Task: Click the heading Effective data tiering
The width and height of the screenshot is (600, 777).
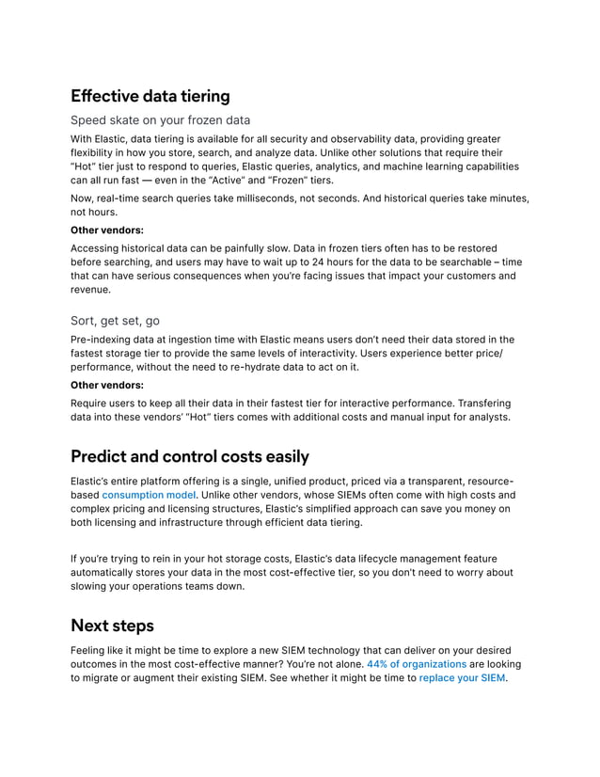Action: [150, 96]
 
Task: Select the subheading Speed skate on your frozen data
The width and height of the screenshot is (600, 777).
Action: [161, 120]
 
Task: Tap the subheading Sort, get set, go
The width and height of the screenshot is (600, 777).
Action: [116, 321]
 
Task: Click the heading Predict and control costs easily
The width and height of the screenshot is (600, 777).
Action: [190, 457]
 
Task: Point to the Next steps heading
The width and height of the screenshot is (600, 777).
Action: [112, 626]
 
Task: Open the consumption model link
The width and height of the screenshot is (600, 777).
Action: [149, 495]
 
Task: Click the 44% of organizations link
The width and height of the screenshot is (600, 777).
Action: [417, 664]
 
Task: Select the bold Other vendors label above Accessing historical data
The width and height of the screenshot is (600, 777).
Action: [107, 229]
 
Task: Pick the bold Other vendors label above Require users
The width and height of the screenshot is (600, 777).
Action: [107, 385]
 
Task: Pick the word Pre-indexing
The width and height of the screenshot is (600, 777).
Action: [103, 340]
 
